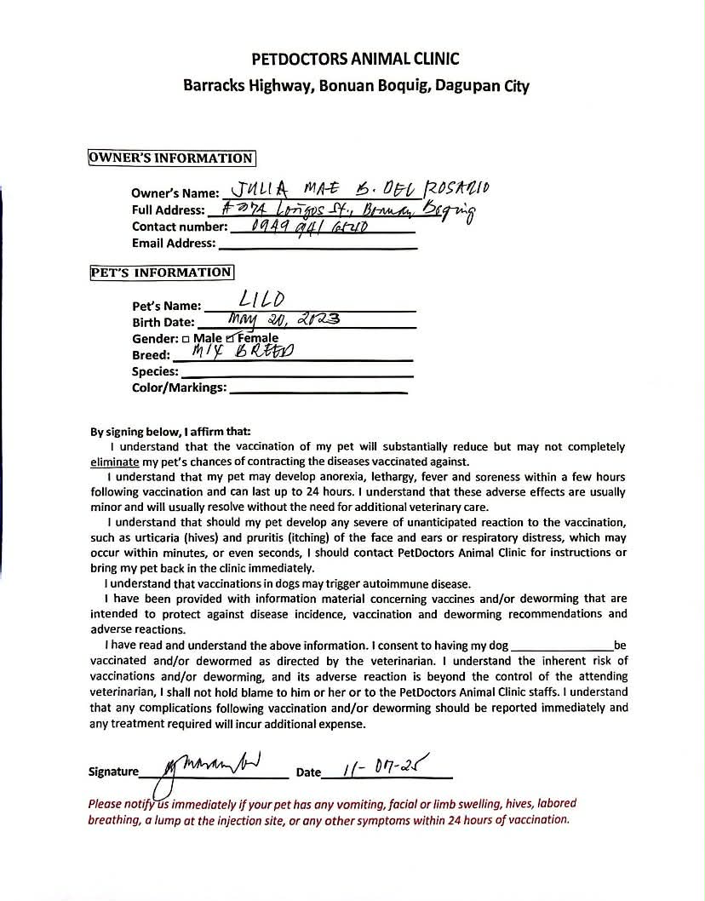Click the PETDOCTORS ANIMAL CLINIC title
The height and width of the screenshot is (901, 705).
coord(355,59)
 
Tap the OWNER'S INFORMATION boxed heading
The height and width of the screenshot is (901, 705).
coord(171,158)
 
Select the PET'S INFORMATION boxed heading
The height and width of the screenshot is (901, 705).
coord(161,273)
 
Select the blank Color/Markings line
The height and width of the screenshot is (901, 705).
coord(318,391)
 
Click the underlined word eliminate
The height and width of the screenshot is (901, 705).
coord(113,461)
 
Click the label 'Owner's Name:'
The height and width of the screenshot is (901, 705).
coord(175,193)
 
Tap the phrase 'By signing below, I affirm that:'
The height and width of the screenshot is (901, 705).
coord(170,431)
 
